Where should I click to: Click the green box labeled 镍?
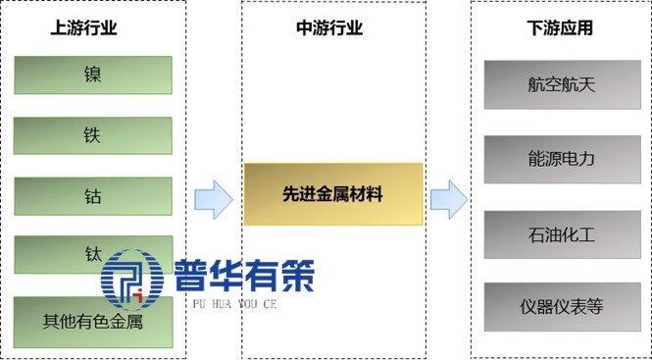click(x=93, y=75)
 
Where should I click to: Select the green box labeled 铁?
click(x=93, y=135)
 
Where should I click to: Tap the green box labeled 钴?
click(x=93, y=195)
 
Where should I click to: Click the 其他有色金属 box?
click(x=93, y=322)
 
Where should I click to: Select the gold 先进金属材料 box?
click(x=332, y=194)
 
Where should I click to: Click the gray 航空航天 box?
click(x=561, y=84)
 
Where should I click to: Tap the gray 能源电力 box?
click(x=561, y=158)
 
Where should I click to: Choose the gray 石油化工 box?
click(x=561, y=232)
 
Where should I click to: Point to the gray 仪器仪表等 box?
click(x=561, y=306)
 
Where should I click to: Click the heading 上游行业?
click(x=84, y=28)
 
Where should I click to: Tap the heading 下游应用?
click(x=560, y=28)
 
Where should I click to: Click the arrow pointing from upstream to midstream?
click(x=213, y=199)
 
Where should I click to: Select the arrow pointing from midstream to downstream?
click(x=447, y=199)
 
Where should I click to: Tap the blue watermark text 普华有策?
click(x=245, y=274)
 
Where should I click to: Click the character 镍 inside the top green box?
click(x=93, y=75)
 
